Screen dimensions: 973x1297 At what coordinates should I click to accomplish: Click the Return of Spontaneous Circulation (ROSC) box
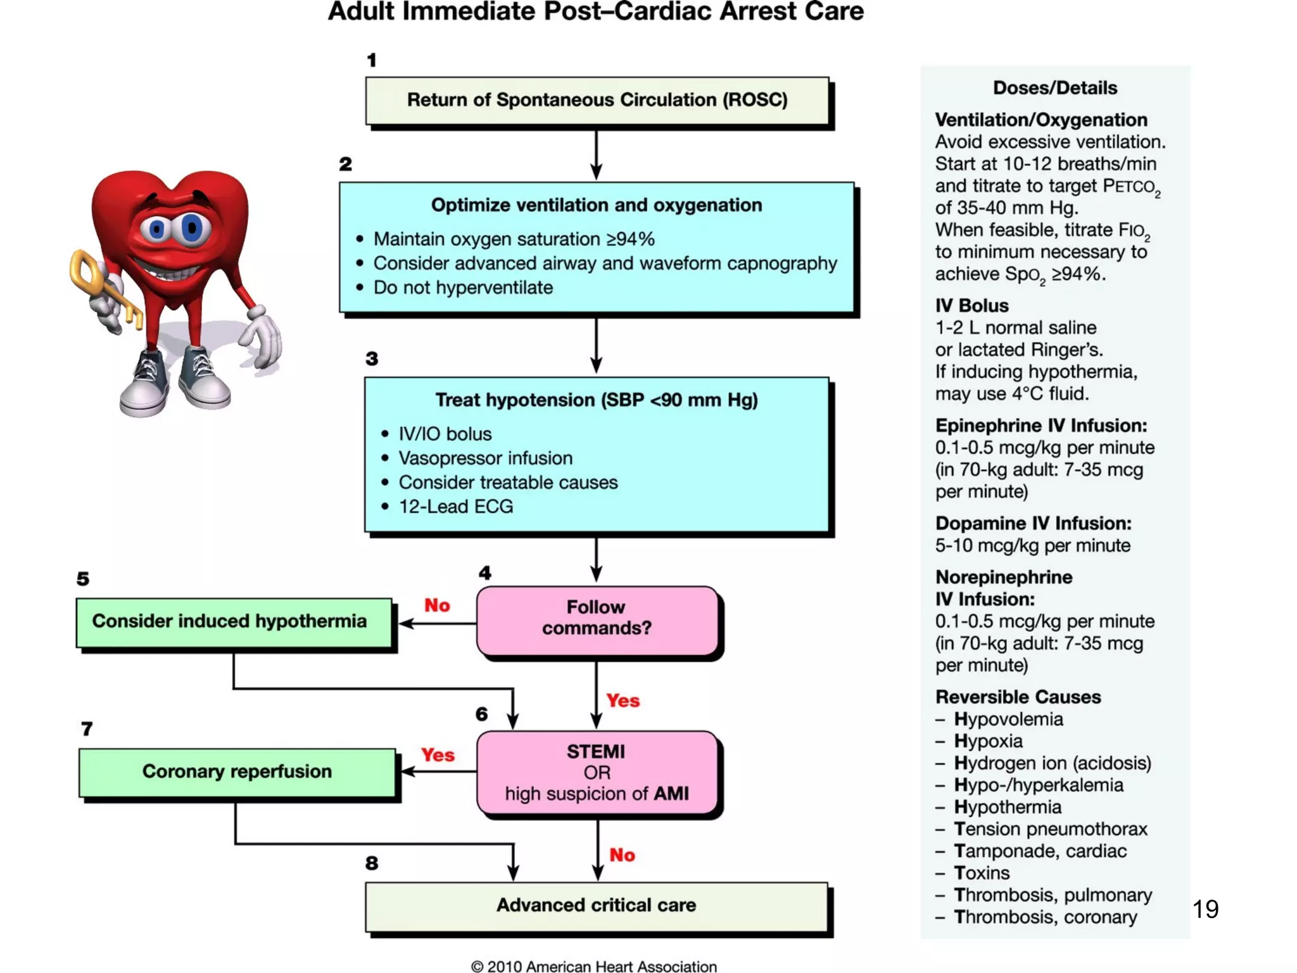tap(597, 101)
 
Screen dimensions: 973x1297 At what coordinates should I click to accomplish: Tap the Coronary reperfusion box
tap(237, 772)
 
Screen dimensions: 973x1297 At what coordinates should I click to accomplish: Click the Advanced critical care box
tap(596, 906)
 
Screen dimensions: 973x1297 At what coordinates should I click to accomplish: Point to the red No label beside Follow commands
tap(437, 606)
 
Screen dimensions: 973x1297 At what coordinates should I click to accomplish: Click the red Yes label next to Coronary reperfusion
tap(438, 755)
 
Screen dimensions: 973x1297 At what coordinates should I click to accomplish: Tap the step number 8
tap(372, 863)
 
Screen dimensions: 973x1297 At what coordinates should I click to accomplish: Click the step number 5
tap(83, 579)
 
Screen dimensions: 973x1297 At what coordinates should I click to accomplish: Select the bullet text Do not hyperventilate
tap(463, 288)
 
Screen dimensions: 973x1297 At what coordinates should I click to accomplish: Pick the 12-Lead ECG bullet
tap(455, 507)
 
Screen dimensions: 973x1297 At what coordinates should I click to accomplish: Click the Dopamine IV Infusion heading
tap(1033, 523)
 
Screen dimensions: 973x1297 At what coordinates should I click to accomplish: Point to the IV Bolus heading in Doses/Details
tap(971, 306)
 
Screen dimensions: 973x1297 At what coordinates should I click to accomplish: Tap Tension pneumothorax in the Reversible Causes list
tap(1050, 829)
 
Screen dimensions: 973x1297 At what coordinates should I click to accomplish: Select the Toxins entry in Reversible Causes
tap(981, 873)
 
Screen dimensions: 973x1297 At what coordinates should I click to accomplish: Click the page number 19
tap(1205, 910)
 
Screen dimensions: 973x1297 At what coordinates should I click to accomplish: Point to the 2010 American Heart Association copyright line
tap(593, 966)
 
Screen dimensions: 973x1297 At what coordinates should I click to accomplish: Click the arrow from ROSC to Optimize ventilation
tap(596, 155)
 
